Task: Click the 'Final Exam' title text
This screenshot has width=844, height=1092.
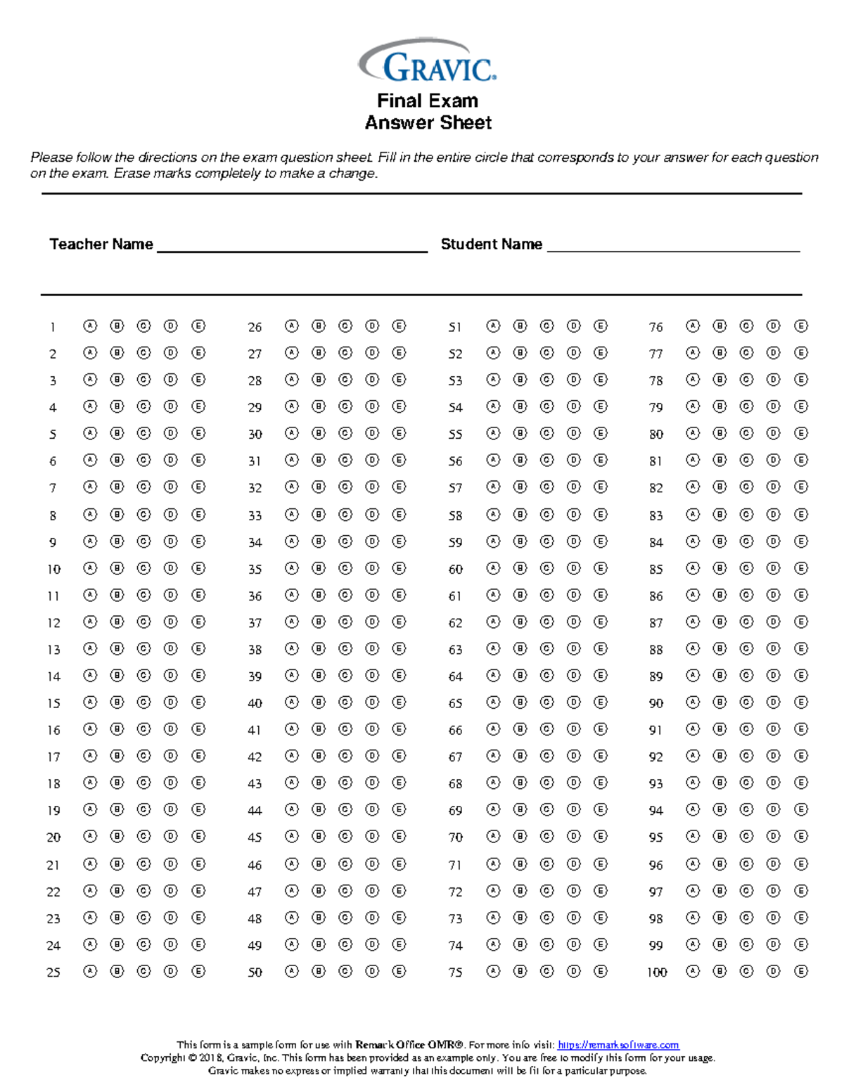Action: (x=428, y=101)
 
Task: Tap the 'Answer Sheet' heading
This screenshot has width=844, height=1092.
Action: (x=428, y=123)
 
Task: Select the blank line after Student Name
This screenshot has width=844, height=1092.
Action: (x=673, y=247)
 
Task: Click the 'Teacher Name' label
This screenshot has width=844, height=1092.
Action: (x=101, y=244)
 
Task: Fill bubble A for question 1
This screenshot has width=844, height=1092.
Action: (x=90, y=326)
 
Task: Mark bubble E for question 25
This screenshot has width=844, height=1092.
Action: (x=198, y=971)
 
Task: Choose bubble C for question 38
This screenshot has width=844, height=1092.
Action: (x=345, y=648)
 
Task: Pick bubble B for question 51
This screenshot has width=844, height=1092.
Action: (x=520, y=326)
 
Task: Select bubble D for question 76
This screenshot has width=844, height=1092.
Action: (x=774, y=326)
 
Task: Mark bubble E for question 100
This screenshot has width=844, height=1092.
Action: (x=801, y=971)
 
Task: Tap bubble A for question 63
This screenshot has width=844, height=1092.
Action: (x=494, y=648)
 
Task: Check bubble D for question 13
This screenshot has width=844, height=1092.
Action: (x=171, y=648)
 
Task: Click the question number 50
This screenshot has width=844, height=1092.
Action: (x=255, y=972)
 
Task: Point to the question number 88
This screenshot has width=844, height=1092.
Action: (x=656, y=650)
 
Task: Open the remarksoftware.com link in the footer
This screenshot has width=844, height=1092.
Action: (x=618, y=1045)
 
